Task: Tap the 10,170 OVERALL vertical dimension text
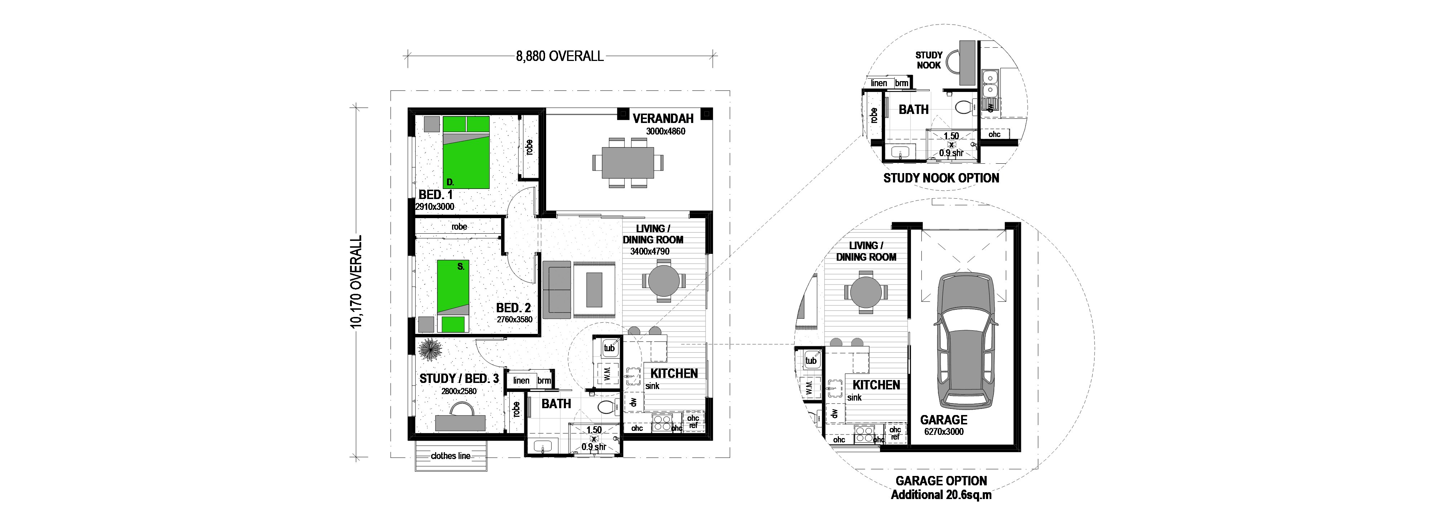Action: coord(356,282)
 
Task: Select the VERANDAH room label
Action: coord(663,118)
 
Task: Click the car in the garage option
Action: coord(966,339)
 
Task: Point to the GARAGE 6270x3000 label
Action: coord(944,425)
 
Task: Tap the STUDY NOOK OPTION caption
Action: coord(941,178)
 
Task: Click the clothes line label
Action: coord(451,456)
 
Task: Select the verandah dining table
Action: coord(628,162)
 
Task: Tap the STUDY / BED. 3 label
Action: coord(459,378)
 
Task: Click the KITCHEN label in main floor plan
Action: coord(674,373)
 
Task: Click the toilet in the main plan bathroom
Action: coord(607,407)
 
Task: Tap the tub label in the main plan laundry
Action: coord(609,348)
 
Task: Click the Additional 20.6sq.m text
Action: coord(941,495)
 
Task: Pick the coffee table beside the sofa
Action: coord(594,289)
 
